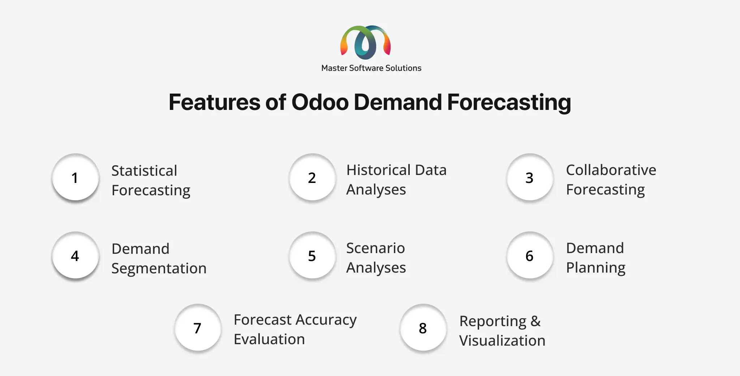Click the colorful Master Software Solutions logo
(365, 42)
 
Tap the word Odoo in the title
(320, 102)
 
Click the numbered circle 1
(75, 177)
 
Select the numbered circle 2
(313, 177)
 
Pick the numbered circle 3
(530, 177)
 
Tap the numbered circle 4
(75, 255)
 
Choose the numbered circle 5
(313, 255)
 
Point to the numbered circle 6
(530, 255)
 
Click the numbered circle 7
(198, 328)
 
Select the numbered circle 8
(423, 328)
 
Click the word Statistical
(144, 171)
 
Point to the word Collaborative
(611, 170)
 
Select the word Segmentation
(159, 269)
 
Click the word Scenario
(375, 248)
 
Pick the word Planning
(595, 268)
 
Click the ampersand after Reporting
(535, 321)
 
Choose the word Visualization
(502, 341)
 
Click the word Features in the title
(215, 102)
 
